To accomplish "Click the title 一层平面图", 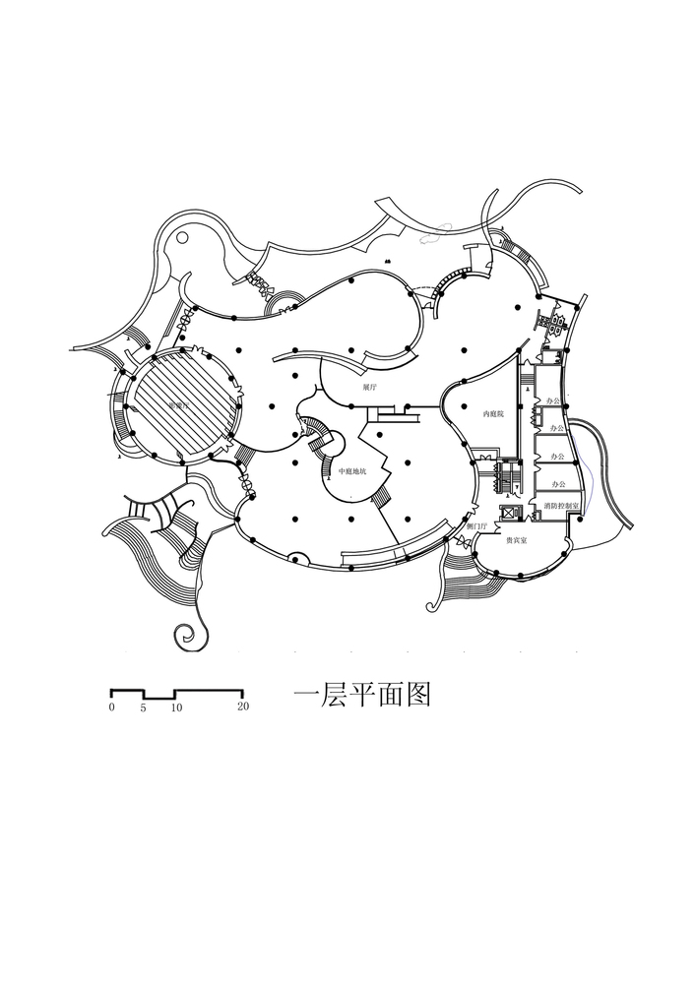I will point(362,696).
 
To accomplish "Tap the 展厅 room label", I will point(369,388).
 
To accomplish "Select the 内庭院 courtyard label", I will point(493,415).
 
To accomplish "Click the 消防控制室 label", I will point(559,505).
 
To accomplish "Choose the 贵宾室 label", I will point(515,541).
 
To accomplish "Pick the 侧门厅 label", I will point(476,527).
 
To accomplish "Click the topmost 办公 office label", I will point(557,401).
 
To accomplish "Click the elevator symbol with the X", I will point(509,514).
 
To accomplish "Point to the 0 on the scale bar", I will point(112,707).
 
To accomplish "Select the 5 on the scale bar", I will point(144,707).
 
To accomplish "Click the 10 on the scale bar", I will point(176,707).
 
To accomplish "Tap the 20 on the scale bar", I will point(242,707).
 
